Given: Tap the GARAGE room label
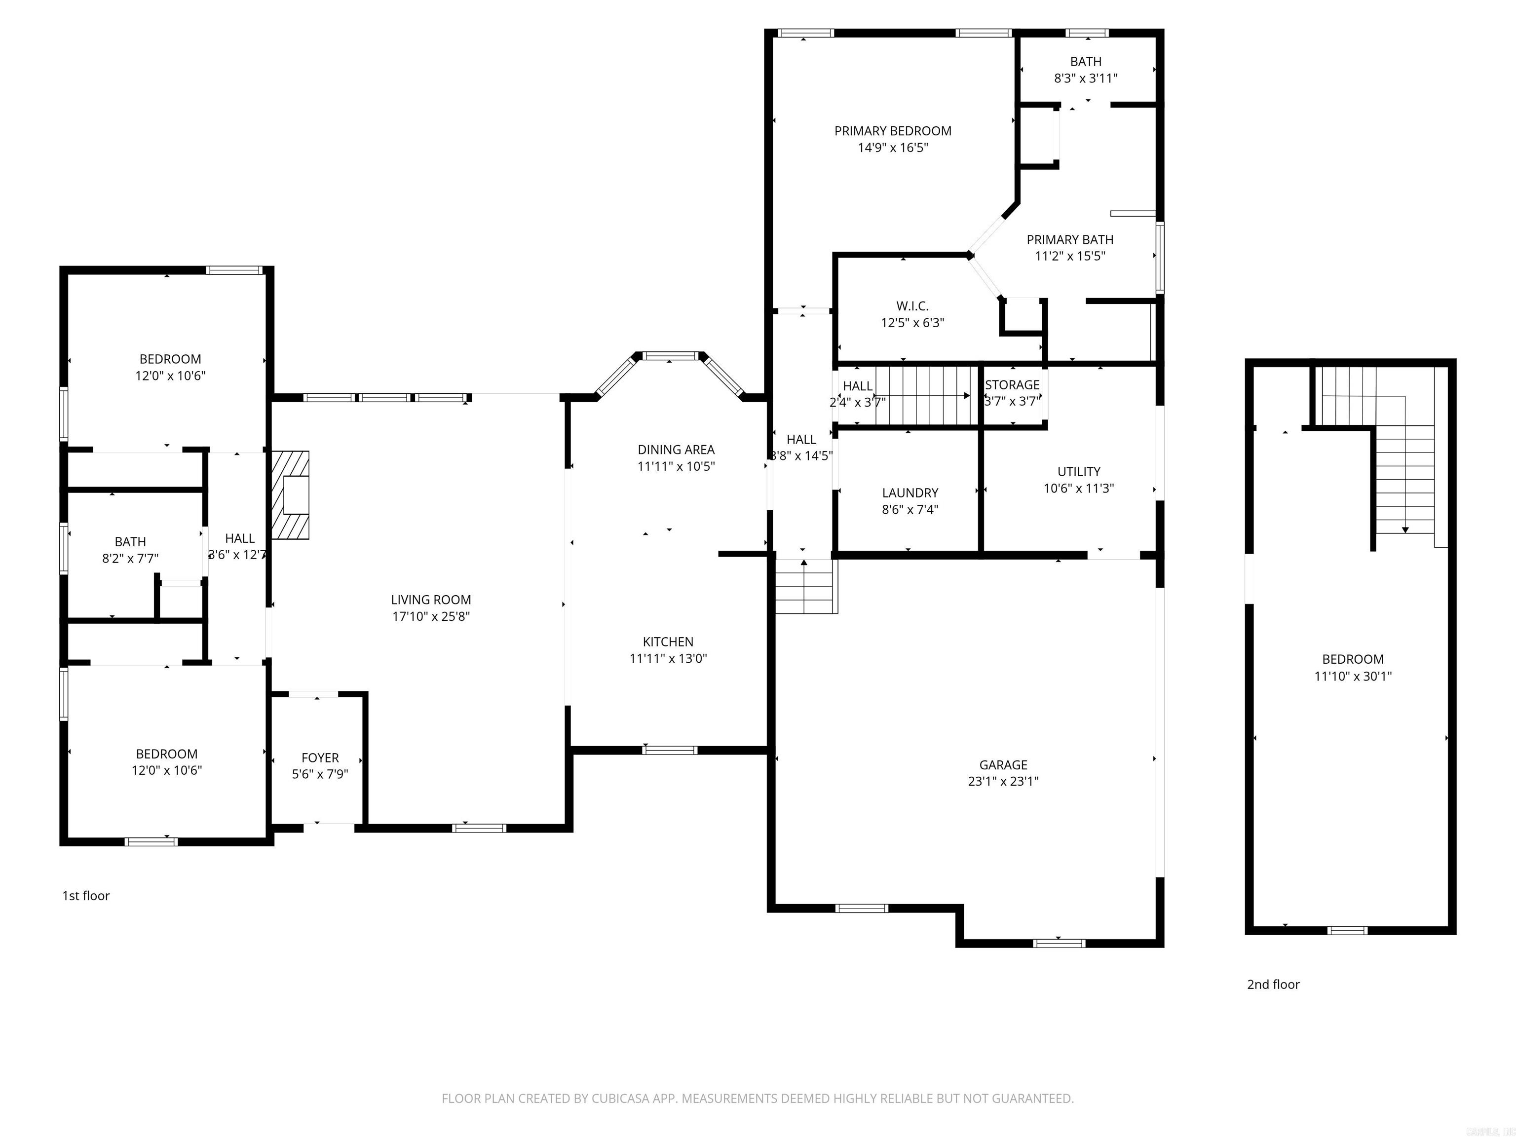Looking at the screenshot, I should click(1003, 764).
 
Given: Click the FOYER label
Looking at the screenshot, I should click(320, 758).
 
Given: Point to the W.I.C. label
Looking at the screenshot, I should click(912, 305).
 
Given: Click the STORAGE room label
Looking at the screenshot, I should click(1012, 384).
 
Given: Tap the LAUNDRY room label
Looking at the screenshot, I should click(910, 492).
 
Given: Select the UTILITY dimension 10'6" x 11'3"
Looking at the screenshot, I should click(1078, 488).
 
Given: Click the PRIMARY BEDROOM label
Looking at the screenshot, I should click(892, 130).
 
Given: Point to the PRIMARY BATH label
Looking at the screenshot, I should click(1069, 239).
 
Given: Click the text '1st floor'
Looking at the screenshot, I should click(86, 895).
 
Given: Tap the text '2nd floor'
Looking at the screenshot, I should click(1273, 984).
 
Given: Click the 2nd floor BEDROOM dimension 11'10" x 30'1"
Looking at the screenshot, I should click(1352, 676).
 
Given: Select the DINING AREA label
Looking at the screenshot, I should click(676, 449).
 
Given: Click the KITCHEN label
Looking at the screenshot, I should click(668, 642).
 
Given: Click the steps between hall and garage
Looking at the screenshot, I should click(806, 587).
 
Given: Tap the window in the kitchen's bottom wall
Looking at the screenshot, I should click(670, 750).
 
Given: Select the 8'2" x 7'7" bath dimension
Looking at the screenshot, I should click(130, 558).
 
